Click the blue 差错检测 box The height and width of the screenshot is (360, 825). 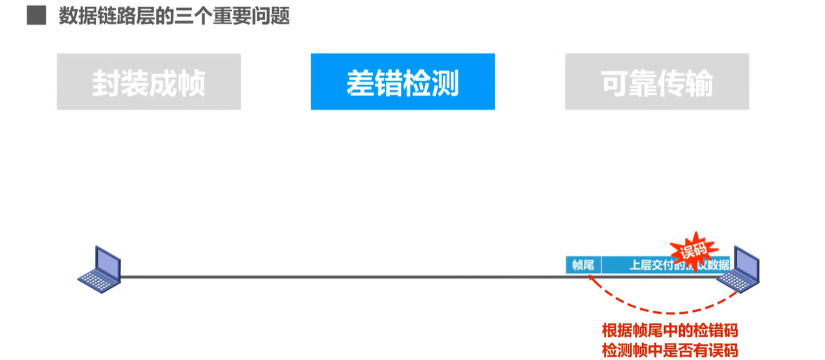point(402,82)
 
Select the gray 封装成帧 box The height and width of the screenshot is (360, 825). point(148,82)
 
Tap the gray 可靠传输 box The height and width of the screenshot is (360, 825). point(656,82)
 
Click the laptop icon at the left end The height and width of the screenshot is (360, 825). point(100,267)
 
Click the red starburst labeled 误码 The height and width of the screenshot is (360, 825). point(693,249)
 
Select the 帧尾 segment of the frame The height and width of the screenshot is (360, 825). point(583,265)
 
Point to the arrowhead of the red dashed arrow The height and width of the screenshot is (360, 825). point(589,277)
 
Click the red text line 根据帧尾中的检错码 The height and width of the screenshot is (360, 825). point(670,330)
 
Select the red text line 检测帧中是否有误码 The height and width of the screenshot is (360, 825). point(670,350)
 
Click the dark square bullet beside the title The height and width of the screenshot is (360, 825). point(36,16)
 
